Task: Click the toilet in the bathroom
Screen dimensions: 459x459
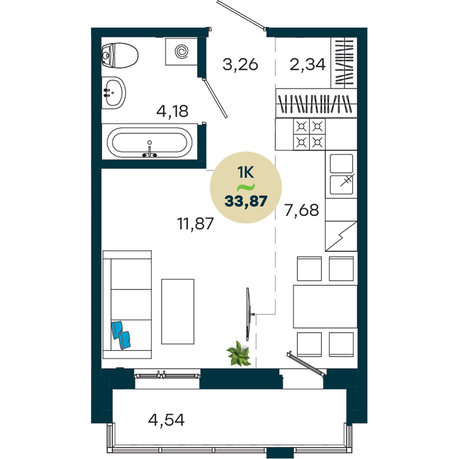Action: click(x=120, y=56)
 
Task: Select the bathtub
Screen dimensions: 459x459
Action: click(x=150, y=142)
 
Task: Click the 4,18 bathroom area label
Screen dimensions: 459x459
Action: click(x=172, y=111)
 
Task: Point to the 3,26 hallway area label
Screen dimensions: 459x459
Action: click(x=241, y=64)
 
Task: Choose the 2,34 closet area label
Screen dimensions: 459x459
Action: click(x=308, y=64)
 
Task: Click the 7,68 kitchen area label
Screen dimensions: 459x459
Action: click(x=302, y=210)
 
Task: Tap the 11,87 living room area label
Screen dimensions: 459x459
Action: click(x=195, y=224)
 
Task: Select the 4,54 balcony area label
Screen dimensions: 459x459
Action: click(x=166, y=420)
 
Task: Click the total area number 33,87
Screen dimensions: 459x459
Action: click(x=246, y=202)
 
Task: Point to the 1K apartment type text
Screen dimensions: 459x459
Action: click(x=246, y=173)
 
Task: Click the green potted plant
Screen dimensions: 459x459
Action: click(x=239, y=353)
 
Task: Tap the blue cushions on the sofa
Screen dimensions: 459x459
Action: click(x=121, y=335)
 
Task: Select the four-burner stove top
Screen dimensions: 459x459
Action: click(x=309, y=134)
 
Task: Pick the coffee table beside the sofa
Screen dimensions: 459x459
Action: click(x=178, y=312)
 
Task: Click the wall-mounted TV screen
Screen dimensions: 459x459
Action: click(x=248, y=314)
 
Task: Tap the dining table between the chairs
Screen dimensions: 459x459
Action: click(x=325, y=307)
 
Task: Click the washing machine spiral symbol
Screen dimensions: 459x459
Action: click(x=181, y=51)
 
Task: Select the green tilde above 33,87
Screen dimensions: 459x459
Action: click(x=246, y=187)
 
